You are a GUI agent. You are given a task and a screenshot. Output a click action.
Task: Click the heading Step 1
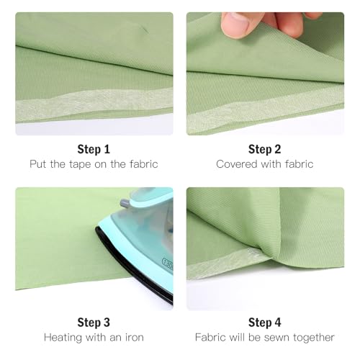(94, 149)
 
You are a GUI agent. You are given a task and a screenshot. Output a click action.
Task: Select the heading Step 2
(265, 149)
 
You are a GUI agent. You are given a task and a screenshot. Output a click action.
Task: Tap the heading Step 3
(94, 323)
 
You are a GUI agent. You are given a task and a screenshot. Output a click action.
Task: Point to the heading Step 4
(265, 323)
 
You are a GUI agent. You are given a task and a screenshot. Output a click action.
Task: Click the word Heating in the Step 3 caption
(63, 337)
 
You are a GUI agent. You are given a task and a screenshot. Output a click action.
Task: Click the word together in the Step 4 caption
(322, 337)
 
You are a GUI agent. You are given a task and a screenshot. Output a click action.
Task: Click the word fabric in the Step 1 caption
(143, 164)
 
